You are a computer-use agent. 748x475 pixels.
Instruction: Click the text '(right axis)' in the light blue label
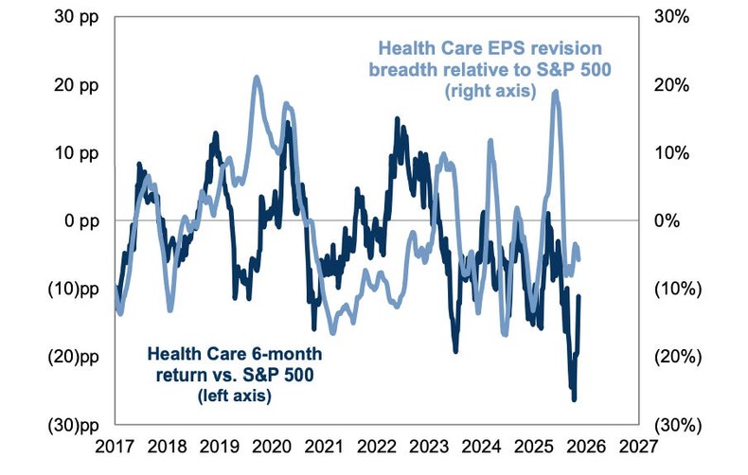490,92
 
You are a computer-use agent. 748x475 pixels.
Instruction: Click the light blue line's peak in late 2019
257,78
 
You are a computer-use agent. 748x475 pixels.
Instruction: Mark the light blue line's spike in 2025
556,92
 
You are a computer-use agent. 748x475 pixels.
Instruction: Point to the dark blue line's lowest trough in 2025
574,399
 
